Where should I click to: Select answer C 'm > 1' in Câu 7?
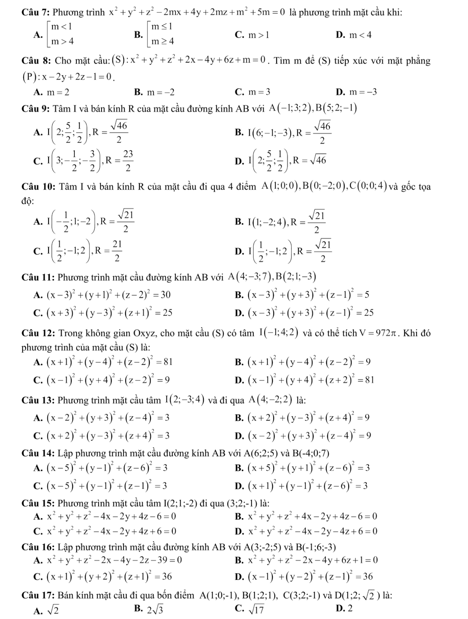tap(256, 35)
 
